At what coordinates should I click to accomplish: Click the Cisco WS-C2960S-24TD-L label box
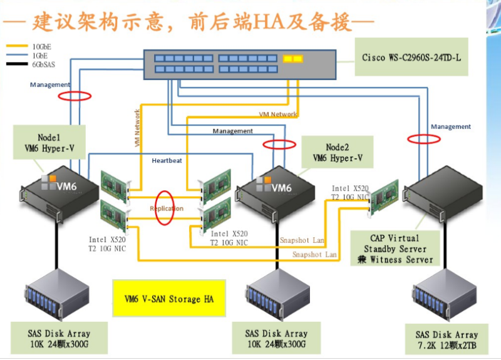pyautogui.click(x=411, y=58)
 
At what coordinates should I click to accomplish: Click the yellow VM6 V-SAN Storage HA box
pyautogui.click(x=165, y=299)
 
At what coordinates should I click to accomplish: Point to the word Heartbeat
pyautogui.click(x=167, y=160)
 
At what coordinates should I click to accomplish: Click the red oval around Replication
pyautogui.click(x=165, y=208)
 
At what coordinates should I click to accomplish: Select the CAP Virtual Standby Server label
pyautogui.click(x=393, y=249)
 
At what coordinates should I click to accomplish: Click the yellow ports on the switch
pyautogui.click(x=292, y=59)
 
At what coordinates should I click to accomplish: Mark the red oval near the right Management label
pyautogui.click(x=424, y=138)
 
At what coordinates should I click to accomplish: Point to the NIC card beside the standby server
pyautogui.click(x=384, y=195)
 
